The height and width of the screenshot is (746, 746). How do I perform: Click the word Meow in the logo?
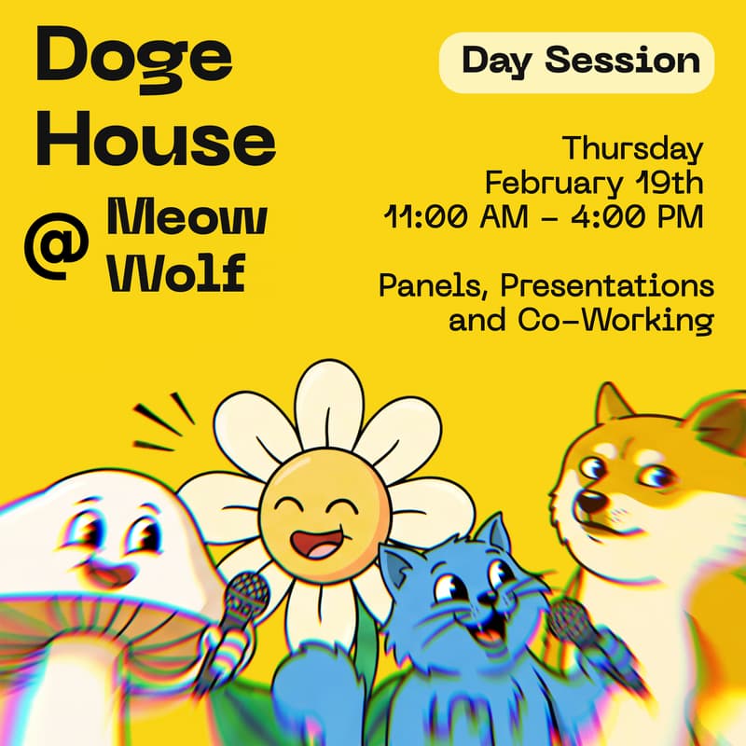click(x=187, y=216)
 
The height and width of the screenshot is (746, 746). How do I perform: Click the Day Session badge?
click(x=579, y=62)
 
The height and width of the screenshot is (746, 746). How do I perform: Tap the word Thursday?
click(x=631, y=148)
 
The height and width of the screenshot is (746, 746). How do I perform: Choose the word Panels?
click(x=428, y=286)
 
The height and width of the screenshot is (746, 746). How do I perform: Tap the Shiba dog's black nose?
click(x=587, y=504)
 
